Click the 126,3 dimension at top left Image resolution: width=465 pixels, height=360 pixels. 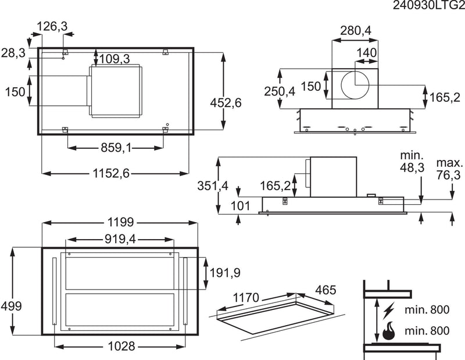(x=52, y=26)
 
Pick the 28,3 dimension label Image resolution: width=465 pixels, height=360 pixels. (x=13, y=53)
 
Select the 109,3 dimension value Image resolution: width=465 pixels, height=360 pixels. (x=114, y=58)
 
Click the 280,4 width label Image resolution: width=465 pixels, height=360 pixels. (x=355, y=30)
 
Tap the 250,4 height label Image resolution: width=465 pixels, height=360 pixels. (x=280, y=91)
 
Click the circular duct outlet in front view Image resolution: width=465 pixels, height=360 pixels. (x=355, y=85)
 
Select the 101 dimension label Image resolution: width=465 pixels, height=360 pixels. (x=241, y=205)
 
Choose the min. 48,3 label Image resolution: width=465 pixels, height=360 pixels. (x=413, y=162)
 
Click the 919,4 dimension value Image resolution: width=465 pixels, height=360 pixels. (x=121, y=238)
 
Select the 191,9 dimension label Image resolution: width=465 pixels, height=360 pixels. (x=221, y=273)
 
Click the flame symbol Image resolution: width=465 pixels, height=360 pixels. (x=388, y=331)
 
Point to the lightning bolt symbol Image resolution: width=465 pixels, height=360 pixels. (x=388, y=307)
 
